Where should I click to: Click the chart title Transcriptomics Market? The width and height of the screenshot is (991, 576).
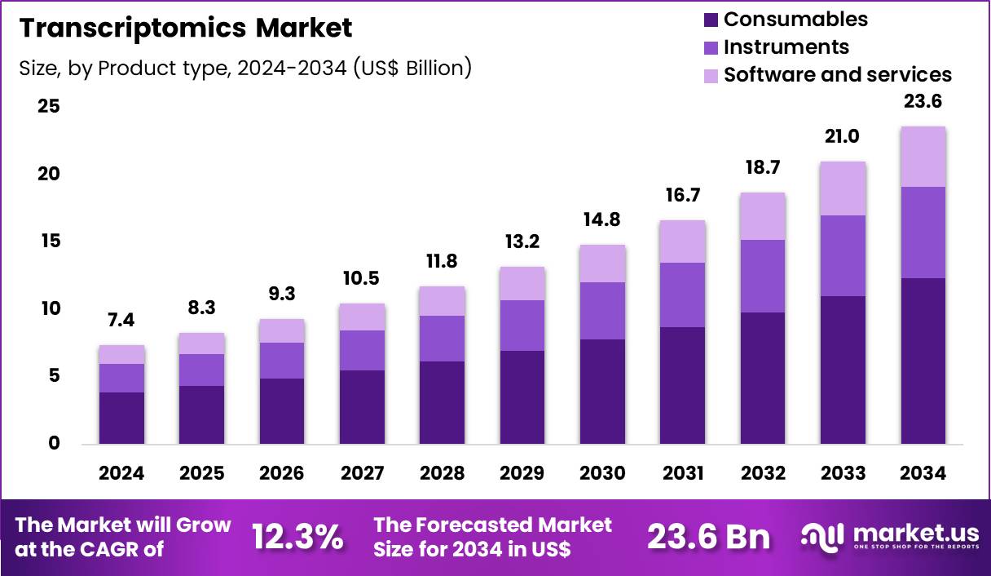186,28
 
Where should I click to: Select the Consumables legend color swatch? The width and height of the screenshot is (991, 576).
710,20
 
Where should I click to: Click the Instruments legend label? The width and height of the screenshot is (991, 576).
786,47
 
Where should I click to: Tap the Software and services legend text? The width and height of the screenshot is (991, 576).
837,74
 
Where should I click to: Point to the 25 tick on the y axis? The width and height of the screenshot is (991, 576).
49,107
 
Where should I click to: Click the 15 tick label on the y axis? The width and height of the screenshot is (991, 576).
49,241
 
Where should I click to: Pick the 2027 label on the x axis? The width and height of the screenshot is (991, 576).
361,474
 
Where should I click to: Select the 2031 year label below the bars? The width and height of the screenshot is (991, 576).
682,474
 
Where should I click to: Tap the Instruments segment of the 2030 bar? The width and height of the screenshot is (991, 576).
602,311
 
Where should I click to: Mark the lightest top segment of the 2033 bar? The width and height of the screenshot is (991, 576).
843,188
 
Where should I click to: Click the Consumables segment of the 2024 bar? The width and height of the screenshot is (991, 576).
122,418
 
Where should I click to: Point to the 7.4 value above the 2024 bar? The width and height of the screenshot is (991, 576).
122,321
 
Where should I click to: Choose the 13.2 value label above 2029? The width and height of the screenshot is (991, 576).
522,242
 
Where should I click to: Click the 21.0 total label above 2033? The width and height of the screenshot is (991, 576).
843,136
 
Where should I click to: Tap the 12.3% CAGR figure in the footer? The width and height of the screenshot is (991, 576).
297,537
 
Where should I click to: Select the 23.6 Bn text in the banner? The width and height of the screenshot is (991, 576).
708,537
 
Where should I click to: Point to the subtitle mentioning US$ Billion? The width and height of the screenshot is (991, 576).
245,68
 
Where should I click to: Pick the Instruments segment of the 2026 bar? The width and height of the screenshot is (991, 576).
282,361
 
